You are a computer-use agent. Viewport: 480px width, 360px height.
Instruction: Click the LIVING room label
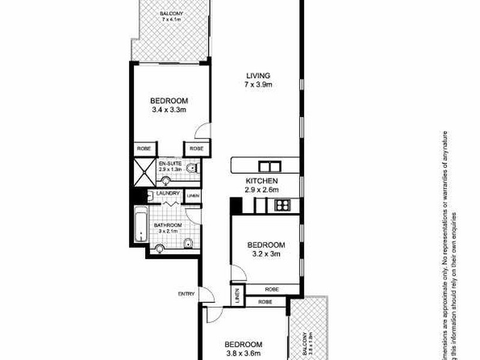pyautogui.click(x=259, y=75)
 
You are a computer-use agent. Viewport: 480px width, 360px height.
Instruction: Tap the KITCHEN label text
pyautogui.click(x=261, y=181)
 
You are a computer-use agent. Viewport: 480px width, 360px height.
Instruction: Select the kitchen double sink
pyautogui.click(x=268, y=167)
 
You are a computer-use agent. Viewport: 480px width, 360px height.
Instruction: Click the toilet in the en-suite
pyautogui.click(x=191, y=169)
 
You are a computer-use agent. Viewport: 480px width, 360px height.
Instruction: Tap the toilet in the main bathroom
pyautogui.click(x=188, y=242)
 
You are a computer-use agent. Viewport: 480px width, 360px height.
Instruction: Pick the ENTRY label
pyautogui.click(x=186, y=293)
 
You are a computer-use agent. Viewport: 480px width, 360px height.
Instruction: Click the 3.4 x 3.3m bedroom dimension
pyautogui.click(x=169, y=110)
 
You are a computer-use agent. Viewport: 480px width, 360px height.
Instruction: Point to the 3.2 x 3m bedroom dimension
pyautogui.click(x=266, y=254)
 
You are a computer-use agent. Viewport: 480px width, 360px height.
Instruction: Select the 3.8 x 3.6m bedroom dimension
pyautogui.click(x=243, y=354)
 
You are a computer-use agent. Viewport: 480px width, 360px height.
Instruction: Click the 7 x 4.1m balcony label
pyautogui.click(x=171, y=20)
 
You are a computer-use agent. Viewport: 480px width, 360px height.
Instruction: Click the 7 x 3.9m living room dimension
pyautogui.click(x=259, y=85)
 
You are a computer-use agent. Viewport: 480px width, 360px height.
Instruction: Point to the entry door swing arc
pyautogui.click(x=207, y=295)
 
